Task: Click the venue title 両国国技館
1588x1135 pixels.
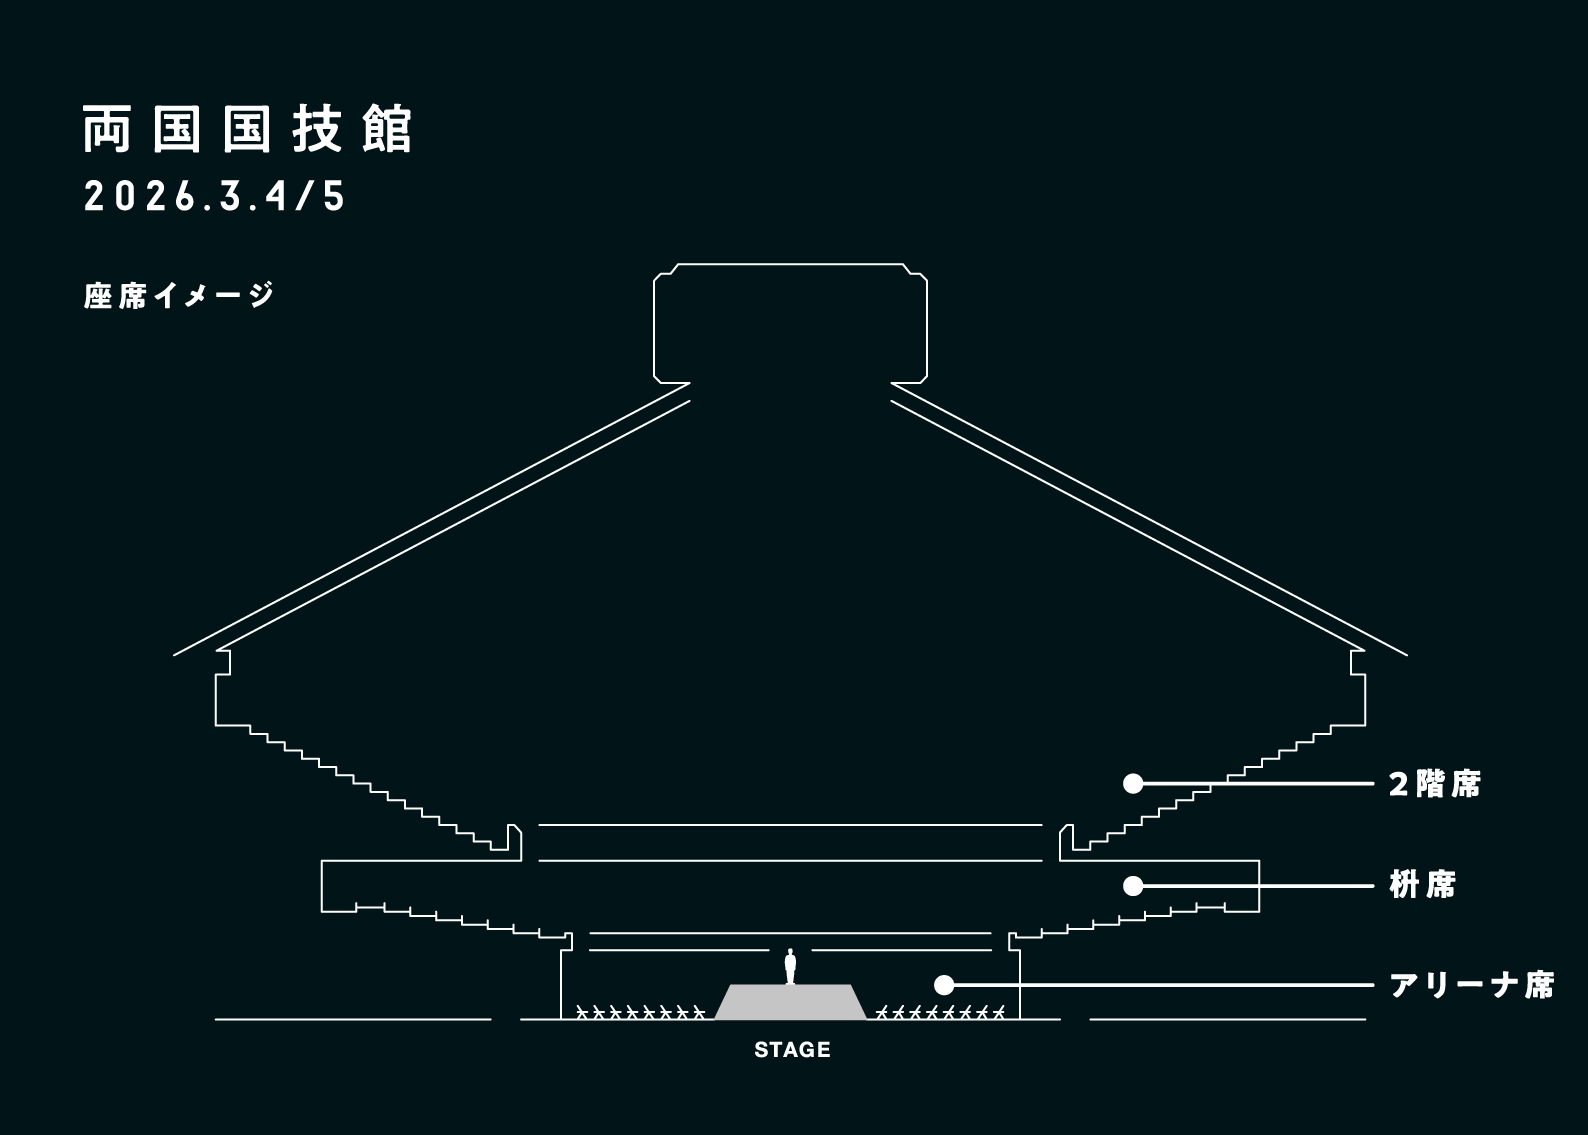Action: (x=247, y=131)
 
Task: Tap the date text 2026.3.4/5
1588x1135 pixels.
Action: (x=215, y=197)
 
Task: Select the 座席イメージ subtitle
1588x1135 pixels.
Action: (x=179, y=296)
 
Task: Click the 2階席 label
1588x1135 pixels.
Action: (x=1434, y=784)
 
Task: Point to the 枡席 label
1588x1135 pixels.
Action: (x=1422, y=885)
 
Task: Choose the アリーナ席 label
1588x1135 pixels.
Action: (x=1471, y=985)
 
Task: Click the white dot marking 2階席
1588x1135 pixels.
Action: (x=1132, y=784)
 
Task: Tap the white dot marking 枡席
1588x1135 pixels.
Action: (x=1132, y=886)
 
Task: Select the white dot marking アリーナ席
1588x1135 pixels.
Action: (x=943, y=985)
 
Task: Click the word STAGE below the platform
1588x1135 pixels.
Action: (x=792, y=1050)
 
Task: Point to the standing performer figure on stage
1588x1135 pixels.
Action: (x=790, y=966)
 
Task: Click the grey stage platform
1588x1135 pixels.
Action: (x=790, y=1002)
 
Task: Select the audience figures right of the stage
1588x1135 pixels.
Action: (x=940, y=1012)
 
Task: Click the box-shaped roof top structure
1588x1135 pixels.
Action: (x=790, y=322)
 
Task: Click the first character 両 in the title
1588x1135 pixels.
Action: (x=107, y=131)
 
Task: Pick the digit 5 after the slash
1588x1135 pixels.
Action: (x=334, y=197)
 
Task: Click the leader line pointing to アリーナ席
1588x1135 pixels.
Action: (x=1160, y=985)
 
